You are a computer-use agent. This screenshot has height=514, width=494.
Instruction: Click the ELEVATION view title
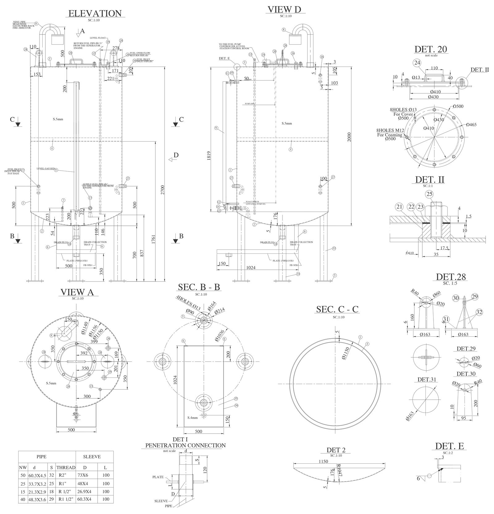point(95,14)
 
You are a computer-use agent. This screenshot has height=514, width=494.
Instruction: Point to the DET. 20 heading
point(430,49)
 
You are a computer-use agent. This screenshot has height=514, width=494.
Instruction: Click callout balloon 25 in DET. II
point(429,194)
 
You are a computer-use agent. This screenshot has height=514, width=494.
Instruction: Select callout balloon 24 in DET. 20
point(417,63)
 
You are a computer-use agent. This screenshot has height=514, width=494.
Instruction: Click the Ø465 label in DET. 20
point(471,125)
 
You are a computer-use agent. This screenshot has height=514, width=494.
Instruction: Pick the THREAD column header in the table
point(66,467)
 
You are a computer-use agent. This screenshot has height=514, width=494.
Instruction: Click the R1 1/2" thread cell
point(66,499)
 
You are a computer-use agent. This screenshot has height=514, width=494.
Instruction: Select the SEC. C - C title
point(337,309)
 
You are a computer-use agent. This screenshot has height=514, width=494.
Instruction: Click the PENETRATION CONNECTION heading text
point(185,446)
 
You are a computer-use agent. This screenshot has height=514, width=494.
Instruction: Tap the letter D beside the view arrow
point(176,155)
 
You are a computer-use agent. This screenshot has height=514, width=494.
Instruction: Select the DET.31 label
point(427,380)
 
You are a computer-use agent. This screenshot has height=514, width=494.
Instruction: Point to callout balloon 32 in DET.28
point(479,312)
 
